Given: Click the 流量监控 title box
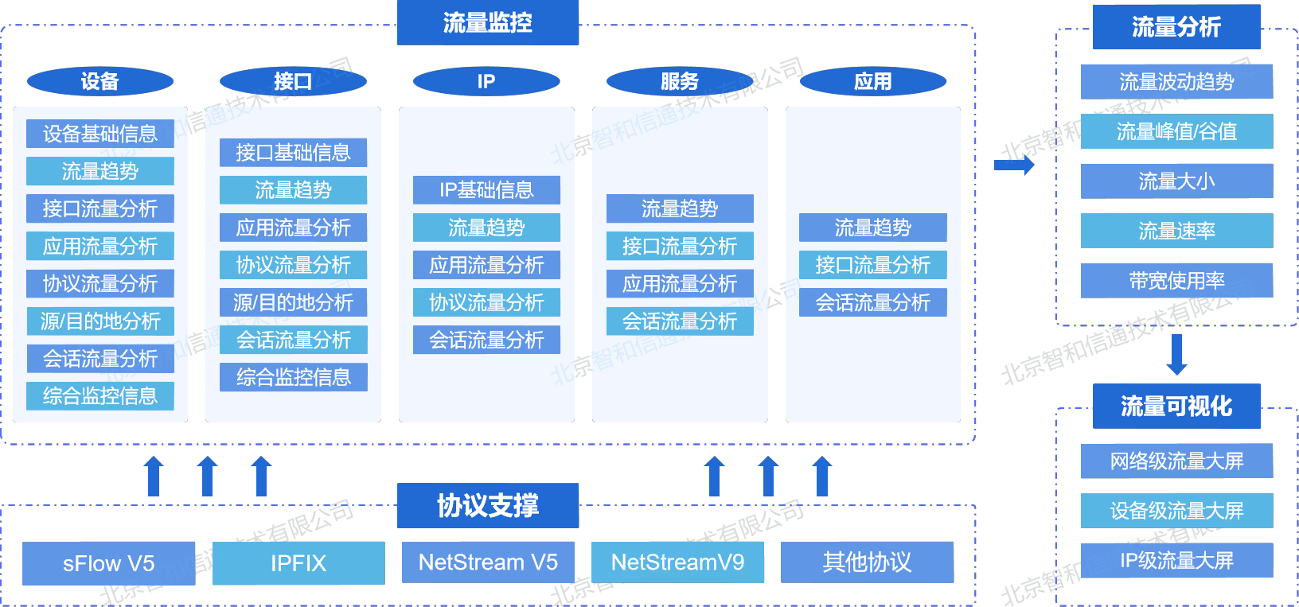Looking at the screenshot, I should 487,22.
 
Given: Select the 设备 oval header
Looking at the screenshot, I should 100,81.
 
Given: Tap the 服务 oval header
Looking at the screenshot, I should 680,81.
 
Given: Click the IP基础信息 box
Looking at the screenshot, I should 486,190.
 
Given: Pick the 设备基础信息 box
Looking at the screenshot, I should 100,134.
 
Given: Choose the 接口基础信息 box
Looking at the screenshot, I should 293,153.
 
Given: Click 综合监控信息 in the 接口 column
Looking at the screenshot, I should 293,377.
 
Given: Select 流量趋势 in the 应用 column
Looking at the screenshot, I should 873,228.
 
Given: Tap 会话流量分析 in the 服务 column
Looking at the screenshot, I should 680,321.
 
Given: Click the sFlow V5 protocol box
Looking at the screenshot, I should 108,563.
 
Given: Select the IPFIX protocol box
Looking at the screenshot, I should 298,563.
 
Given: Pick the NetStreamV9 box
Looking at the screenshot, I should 677,562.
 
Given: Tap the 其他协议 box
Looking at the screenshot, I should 867,562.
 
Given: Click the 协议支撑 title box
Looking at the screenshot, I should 487,505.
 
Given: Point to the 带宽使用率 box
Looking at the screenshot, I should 1176,281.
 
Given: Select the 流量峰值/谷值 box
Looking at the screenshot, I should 1176,131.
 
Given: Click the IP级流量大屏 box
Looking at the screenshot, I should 1176,561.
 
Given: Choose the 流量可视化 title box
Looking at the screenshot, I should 1176,407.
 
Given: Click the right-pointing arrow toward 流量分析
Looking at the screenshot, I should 1014,165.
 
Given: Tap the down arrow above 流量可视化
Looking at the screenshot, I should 1176,355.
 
